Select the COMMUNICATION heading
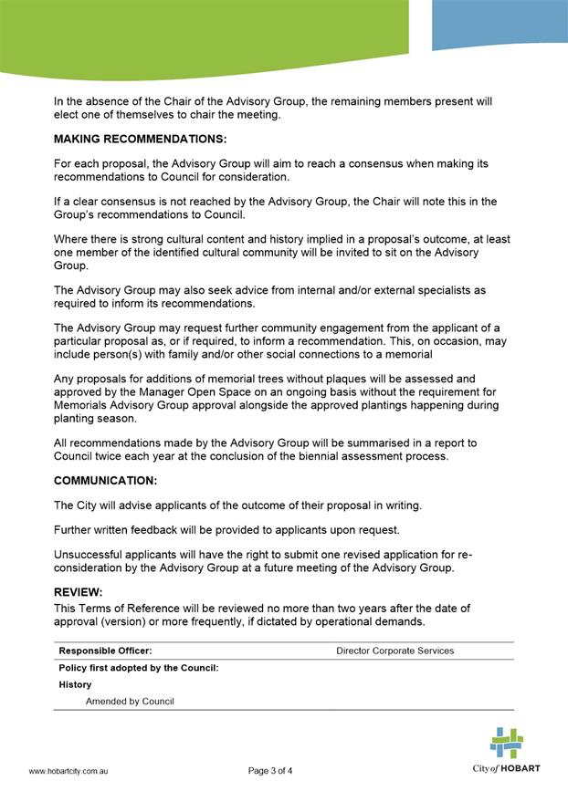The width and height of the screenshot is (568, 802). (105, 480)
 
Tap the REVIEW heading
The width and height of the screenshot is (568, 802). (79, 591)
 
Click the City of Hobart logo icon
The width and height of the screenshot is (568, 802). (506, 743)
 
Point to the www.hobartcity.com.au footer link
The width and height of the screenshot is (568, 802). (69, 771)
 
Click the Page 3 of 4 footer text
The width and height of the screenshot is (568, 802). (270, 771)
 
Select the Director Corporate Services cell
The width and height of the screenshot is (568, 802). (394, 651)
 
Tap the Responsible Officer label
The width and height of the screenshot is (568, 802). (105, 651)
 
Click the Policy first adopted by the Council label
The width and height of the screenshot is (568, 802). (139, 668)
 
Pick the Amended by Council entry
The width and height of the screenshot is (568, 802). (130, 702)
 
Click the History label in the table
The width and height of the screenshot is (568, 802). (75, 684)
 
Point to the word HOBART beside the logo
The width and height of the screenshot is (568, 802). (521, 768)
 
